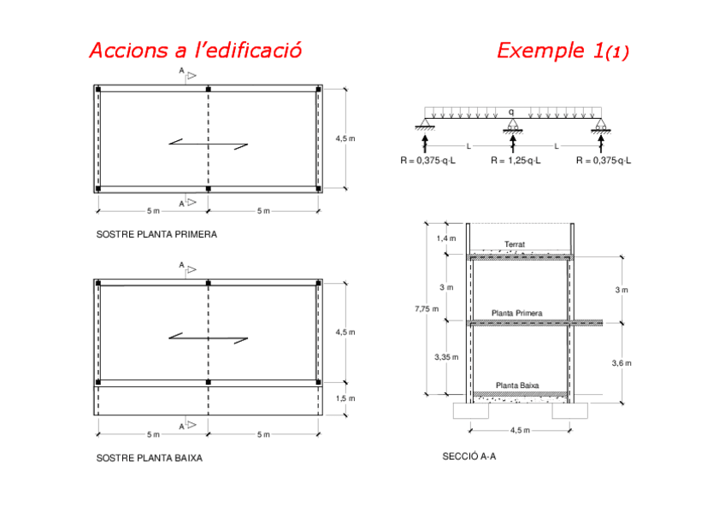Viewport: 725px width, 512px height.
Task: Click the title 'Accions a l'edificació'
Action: click(x=195, y=50)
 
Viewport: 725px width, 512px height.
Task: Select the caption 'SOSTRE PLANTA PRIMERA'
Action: click(x=156, y=233)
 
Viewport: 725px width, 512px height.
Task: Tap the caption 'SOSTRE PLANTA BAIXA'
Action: click(x=149, y=458)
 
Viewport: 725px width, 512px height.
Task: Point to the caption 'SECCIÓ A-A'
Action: click(x=469, y=456)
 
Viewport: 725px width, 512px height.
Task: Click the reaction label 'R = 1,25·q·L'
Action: click(x=516, y=160)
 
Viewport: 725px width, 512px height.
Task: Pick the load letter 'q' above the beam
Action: click(x=511, y=111)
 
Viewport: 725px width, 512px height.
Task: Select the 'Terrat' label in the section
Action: click(x=515, y=244)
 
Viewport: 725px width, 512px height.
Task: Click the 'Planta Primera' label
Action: click(x=516, y=314)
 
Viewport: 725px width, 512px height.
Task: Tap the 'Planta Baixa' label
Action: click(x=517, y=385)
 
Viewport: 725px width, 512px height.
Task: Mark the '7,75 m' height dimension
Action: click(x=428, y=308)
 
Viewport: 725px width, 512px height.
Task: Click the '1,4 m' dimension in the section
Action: click(x=446, y=238)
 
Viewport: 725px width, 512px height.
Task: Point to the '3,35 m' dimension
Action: click(x=447, y=356)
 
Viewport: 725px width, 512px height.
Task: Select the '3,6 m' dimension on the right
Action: click(x=622, y=363)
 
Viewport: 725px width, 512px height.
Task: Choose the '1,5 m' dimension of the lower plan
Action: click(x=345, y=398)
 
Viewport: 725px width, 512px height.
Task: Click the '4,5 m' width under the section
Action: click(x=520, y=430)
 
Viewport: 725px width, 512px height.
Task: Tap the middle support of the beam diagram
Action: click(x=513, y=127)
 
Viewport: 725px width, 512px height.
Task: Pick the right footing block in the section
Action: click(x=569, y=411)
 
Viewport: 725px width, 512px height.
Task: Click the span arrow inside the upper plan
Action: click(x=208, y=144)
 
